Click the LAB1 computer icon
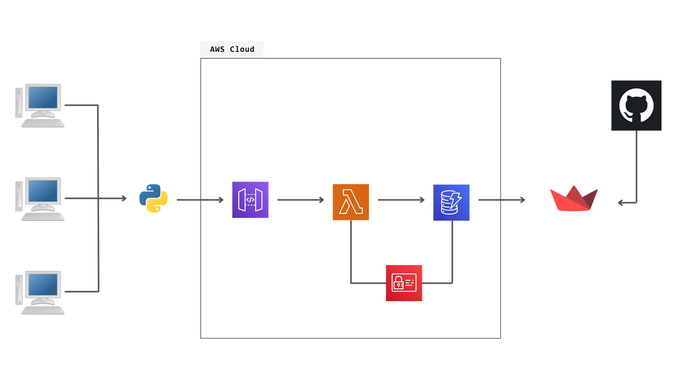[x=40, y=105]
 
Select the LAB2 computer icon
[x=40, y=198]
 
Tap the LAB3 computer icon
[x=40, y=292]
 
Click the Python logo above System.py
[x=154, y=198]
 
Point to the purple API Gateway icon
[x=250, y=200]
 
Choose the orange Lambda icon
[x=351, y=202]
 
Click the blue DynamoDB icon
[x=451, y=202]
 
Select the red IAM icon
[x=404, y=283]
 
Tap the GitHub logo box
[x=636, y=105]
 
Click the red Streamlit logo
[x=573, y=199]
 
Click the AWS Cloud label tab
[x=232, y=49]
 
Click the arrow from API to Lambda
[x=300, y=200]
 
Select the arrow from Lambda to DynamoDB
[x=401, y=200]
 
